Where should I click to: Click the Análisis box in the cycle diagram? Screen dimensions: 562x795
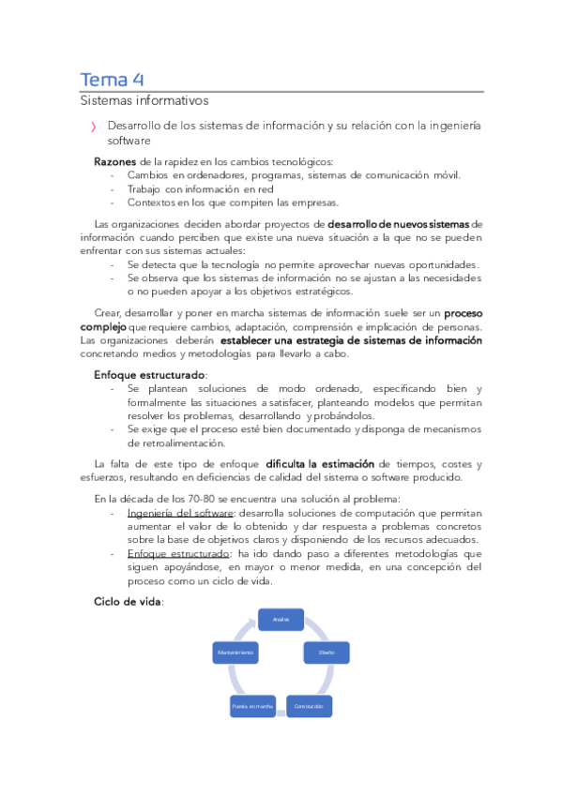click(x=281, y=620)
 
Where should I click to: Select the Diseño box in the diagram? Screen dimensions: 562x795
click(x=327, y=652)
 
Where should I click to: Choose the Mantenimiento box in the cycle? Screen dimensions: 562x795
click(x=235, y=652)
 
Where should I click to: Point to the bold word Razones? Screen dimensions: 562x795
click(x=115, y=161)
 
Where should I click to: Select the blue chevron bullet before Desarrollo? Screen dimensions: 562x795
click(x=92, y=127)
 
